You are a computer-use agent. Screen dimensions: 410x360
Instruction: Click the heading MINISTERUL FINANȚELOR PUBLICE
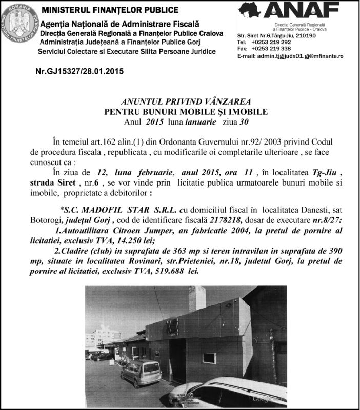coord(110,10)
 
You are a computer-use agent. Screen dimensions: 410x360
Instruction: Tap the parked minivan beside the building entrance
coord(140,372)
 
